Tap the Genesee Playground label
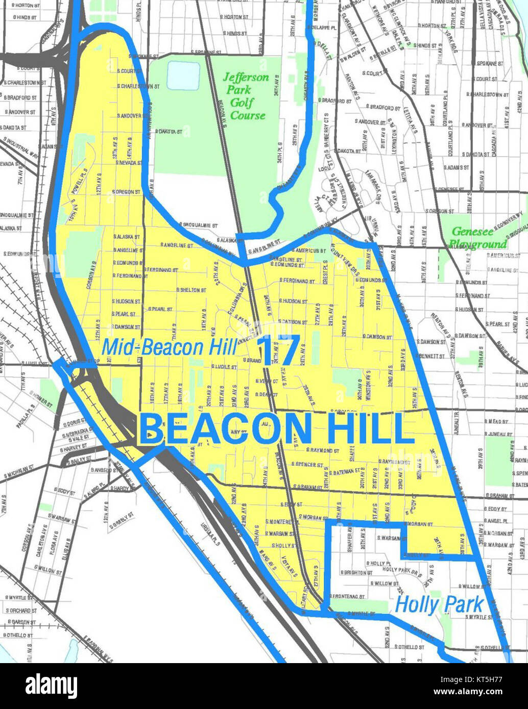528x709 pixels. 479,238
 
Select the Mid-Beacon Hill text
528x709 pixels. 169,347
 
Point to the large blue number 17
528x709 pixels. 278,350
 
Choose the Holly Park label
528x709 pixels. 439,605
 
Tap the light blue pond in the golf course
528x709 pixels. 183,75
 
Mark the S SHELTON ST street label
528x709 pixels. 190,290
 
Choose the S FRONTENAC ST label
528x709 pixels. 349,595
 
